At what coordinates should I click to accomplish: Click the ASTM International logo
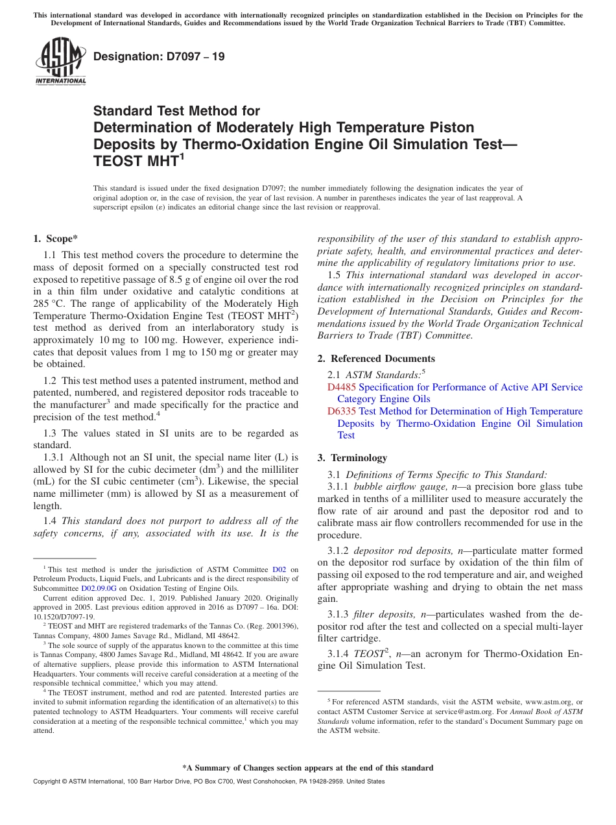60,61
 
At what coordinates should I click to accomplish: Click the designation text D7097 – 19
160,56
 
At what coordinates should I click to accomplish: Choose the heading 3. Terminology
352,458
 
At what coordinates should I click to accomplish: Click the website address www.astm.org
551,702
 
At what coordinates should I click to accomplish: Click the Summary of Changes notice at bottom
307,768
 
